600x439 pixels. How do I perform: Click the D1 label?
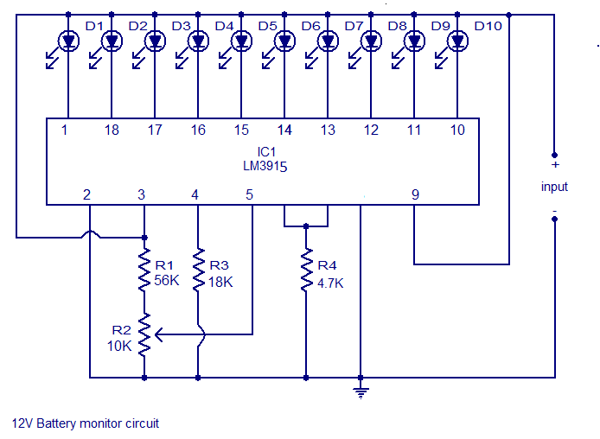94,26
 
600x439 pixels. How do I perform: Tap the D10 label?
488,26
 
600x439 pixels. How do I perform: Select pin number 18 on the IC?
112,130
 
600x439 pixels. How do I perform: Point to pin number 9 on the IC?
415,195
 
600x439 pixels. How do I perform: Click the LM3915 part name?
265,166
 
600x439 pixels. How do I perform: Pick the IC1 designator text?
266,152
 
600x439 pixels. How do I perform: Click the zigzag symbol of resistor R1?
144,270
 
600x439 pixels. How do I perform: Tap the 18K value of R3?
220,283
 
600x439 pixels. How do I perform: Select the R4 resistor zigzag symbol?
306,270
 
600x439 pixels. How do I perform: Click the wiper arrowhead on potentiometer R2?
159,334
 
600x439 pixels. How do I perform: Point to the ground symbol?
361,393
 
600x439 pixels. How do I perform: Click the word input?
554,187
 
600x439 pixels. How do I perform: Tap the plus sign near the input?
556,165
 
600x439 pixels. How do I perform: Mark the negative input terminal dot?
554,219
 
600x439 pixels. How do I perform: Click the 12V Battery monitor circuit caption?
86,423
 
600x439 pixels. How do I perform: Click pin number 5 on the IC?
250,195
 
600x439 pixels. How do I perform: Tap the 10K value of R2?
119,346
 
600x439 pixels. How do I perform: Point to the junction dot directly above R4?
306,226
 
